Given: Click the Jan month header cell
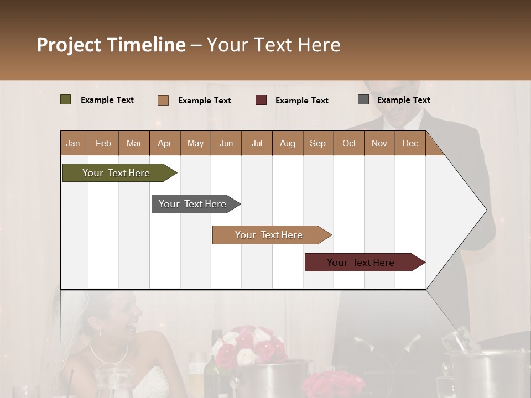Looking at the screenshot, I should pos(74,143).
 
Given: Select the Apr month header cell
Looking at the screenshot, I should pos(165,143).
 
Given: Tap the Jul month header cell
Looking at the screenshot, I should pos(257,143).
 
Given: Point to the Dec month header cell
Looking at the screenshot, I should pos(410,143).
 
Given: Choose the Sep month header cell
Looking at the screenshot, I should pos(317,143).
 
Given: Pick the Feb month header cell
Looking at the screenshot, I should pos(103,143).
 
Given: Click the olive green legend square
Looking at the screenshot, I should pos(66,99).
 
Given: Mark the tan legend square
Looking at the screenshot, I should pos(163,100).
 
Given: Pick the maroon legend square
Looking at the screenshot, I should pos(261,100).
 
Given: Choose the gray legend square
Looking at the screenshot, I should pos(363,99).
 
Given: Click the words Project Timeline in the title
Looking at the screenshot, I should pos(111,45).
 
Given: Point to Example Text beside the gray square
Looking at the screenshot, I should pos(403,100).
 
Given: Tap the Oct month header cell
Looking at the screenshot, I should pos(349,143).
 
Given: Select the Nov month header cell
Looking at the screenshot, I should pos(379,143).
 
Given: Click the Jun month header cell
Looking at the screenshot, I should pos(226,143).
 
